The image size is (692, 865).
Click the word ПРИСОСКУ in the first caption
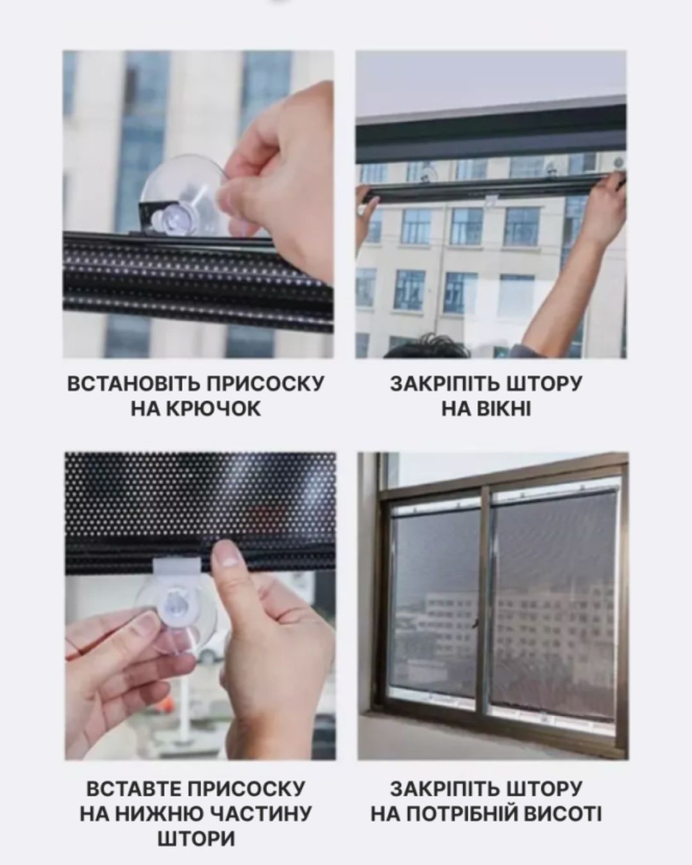coord(265,383)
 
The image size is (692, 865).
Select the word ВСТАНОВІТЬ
coord(133,383)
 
